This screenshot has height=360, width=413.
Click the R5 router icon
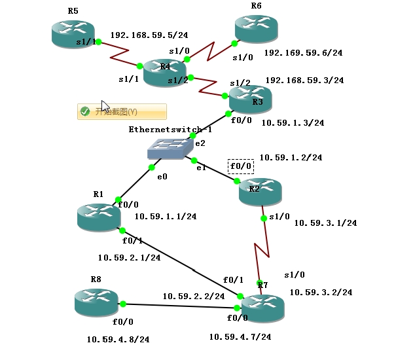(73, 33)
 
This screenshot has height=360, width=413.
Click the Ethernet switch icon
(170, 149)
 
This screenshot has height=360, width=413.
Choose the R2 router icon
(260, 190)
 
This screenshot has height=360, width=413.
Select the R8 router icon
(96, 302)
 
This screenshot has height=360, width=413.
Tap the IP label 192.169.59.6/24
(303, 52)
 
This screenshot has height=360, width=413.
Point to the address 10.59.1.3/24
(293, 122)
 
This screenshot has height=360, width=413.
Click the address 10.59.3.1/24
(325, 223)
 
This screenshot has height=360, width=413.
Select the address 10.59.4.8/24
(118, 339)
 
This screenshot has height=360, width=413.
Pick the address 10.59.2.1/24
(129, 257)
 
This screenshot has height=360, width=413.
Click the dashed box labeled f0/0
(240, 166)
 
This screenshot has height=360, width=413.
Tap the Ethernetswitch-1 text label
(171, 129)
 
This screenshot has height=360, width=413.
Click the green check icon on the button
(84, 111)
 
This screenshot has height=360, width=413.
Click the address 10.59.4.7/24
(240, 336)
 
